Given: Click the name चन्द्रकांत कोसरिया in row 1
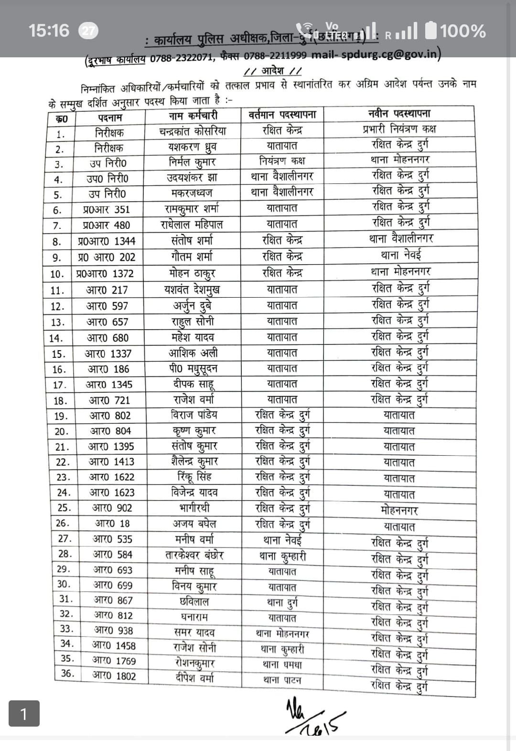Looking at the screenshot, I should [x=193, y=131].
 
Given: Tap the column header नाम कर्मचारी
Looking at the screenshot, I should [x=193, y=116].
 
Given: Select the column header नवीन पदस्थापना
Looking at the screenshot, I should [x=399, y=114].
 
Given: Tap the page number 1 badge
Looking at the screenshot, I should [x=24, y=714].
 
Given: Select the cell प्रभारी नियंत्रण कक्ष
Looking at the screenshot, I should [x=399, y=129].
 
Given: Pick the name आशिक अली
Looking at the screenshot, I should [x=193, y=353].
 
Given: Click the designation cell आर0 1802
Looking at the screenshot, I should [x=114, y=676].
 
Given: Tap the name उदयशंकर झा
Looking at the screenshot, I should [x=192, y=178].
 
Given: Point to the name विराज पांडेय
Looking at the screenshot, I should [x=193, y=415].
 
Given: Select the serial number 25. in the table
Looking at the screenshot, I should [x=64, y=508].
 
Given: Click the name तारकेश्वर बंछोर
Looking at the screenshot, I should [x=194, y=555].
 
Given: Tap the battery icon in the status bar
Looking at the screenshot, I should [x=430, y=31].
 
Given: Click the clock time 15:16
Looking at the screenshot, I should [x=49, y=31].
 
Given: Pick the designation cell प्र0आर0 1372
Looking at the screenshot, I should [x=105, y=274].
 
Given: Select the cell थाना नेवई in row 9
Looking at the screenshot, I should [x=400, y=255].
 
